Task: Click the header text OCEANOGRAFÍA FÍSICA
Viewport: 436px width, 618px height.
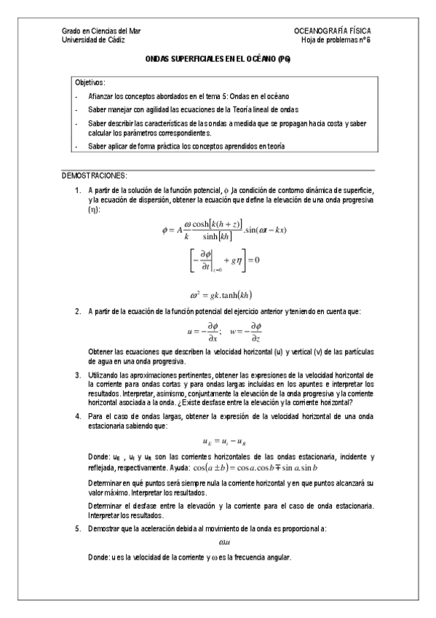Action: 332,31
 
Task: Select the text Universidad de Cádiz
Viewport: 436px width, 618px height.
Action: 92,40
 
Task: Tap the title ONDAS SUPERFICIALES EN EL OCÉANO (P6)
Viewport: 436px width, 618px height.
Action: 218,63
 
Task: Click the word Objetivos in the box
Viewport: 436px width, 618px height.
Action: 90,82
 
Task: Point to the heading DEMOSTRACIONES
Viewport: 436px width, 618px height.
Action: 95,176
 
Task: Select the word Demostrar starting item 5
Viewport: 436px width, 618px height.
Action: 103,527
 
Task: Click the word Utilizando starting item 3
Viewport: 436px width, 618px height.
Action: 103,375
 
